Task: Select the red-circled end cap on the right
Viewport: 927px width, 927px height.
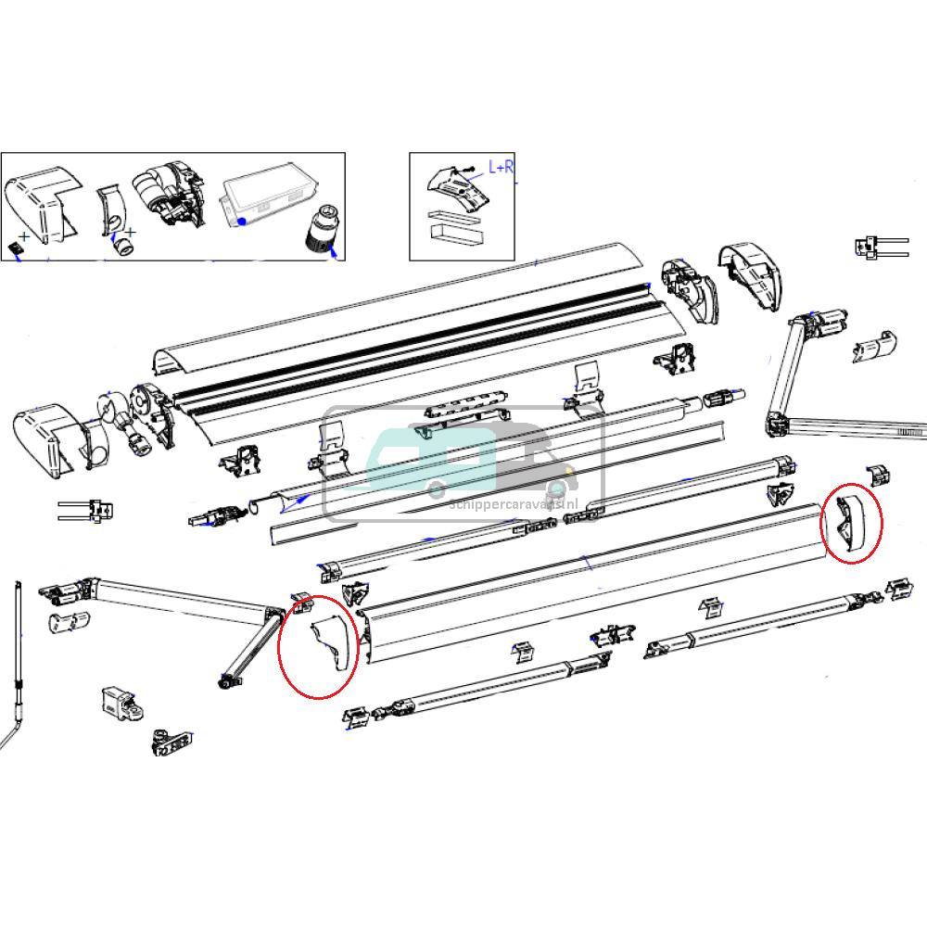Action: (x=850, y=523)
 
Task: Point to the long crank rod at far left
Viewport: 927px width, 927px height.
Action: (x=18, y=667)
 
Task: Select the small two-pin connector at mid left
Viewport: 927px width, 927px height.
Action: (x=88, y=509)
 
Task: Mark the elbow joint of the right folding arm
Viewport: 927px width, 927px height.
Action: (x=776, y=425)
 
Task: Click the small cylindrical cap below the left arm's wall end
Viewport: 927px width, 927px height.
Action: (x=69, y=621)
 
